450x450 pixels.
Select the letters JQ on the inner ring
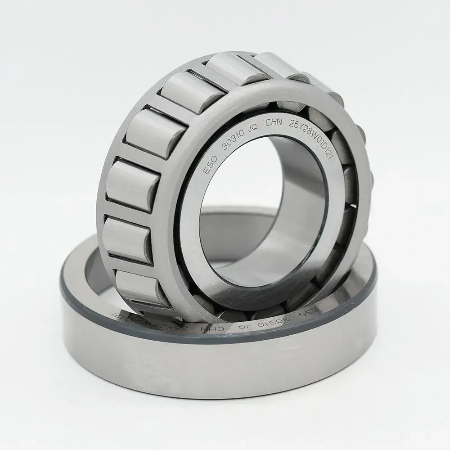click(x=252, y=127)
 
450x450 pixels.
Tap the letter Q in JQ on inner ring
click(x=255, y=126)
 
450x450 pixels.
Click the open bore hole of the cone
click(x=252, y=211)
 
